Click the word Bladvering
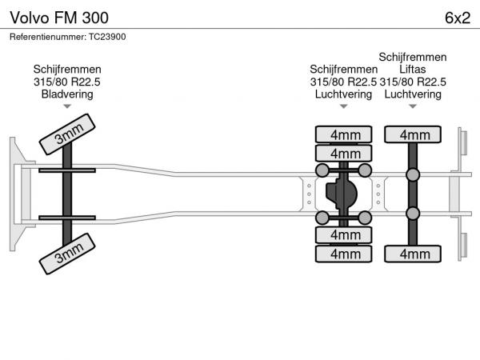[x=67, y=94]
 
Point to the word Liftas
[x=413, y=70]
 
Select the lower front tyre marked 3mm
[x=67, y=254]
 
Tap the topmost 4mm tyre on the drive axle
[x=344, y=134]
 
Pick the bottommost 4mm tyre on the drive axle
[x=344, y=254]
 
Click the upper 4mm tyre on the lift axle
[x=413, y=134]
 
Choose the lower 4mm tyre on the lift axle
[x=413, y=254]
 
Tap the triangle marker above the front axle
[x=67, y=106]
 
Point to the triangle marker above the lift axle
[x=413, y=106]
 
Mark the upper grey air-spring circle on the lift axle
[x=413, y=174]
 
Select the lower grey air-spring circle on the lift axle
[x=413, y=213]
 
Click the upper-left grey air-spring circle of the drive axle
[x=322, y=170]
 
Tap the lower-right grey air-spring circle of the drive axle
[x=365, y=218]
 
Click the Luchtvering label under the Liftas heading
[x=413, y=94]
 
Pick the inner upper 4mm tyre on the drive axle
[x=344, y=153]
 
